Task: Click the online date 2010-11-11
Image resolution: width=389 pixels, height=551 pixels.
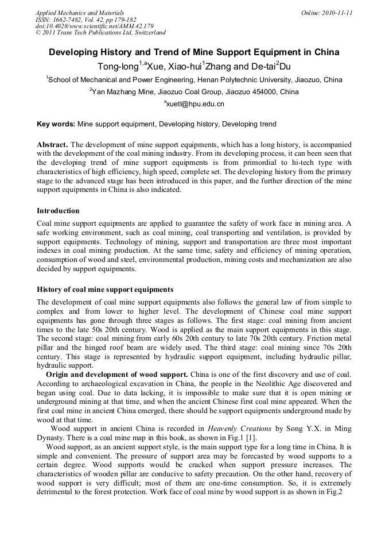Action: [337, 13]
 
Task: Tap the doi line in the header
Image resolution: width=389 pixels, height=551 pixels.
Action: [94, 26]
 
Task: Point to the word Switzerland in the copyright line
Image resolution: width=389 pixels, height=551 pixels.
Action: [148, 33]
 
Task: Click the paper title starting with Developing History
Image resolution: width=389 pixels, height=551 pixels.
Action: [194, 52]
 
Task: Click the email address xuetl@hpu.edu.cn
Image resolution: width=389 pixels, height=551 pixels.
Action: [194, 104]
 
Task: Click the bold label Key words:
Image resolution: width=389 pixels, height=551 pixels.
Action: [56, 124]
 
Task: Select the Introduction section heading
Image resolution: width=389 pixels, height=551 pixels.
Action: [58, 211]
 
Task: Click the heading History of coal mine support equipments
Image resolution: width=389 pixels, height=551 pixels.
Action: [105, 289]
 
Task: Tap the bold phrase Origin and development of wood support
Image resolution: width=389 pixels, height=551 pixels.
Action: [116, 375]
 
